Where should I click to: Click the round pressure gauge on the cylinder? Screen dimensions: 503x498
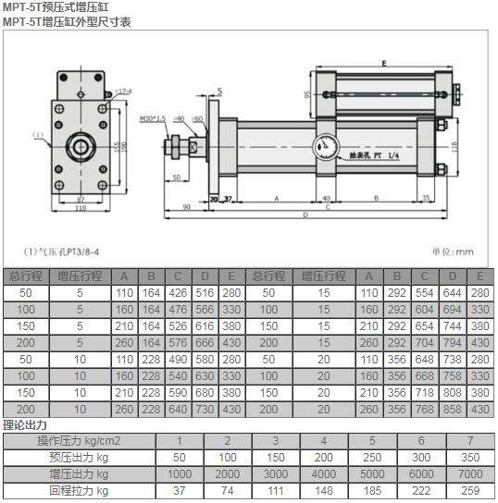coord(325,146)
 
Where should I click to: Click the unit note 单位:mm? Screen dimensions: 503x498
coord(454,251)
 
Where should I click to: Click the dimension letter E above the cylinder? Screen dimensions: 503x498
coord(382,63)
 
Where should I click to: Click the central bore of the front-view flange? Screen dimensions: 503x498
coord(80,146)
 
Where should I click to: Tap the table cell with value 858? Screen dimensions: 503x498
coord(452,409)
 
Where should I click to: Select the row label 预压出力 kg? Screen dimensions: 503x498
coord(78,457)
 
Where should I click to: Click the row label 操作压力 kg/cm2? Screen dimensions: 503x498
coord(78,441)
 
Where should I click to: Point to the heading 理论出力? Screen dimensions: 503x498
coord(25,425)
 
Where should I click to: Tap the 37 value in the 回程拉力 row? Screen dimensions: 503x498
coord(180,490)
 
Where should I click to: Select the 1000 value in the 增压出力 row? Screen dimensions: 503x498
coord(180,473)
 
